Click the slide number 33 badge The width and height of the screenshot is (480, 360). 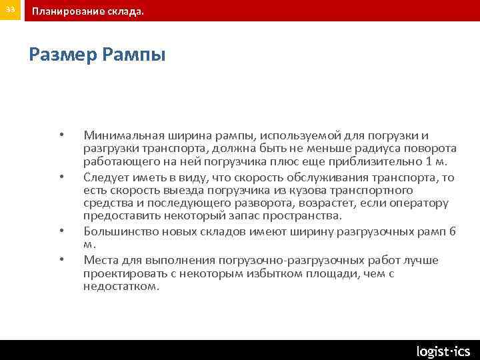pyautogui.click(x=10, y=11)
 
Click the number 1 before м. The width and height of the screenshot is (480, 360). pyautogui.click(x=429, y=161)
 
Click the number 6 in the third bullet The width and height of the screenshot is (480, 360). pyautogui.click(x=453, y=231)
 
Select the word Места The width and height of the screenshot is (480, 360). pyautogui.click(x=99, y=260)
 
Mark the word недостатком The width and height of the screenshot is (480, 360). pyautogui.click(x=121, y=286)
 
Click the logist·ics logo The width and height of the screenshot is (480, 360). pyautogui.click(x=443, y=351)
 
